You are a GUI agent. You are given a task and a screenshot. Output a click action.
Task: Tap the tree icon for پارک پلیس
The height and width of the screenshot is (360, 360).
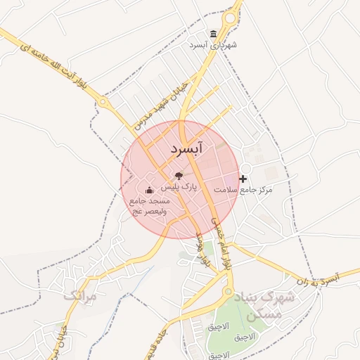(179, 176)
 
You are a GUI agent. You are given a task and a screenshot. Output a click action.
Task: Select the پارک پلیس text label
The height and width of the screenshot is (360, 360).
(179, 188)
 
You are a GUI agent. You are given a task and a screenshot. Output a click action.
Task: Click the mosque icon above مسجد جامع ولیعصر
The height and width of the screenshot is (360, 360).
(148, 191)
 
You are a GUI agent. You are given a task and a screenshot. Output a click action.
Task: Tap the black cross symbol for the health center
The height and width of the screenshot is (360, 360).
(244, 179)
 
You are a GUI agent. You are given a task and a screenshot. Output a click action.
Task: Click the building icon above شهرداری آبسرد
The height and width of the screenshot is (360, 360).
(214, 34)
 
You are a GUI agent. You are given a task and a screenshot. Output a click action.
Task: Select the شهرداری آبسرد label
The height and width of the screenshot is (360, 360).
(214, 45)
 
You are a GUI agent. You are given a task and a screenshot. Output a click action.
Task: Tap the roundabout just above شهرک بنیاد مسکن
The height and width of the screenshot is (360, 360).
(228, 290)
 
